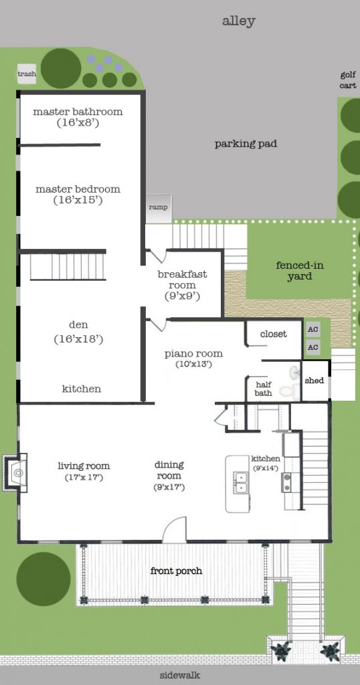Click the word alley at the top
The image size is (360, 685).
tap(238, 21)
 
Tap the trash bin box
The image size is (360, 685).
tap(27, 74)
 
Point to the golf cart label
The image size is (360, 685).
tap(347, 80)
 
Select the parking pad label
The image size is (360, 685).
tap(246, 144)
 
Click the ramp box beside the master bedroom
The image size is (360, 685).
tap(159, 207)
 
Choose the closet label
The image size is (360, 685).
tap(273, 334)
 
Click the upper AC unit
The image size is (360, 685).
tap(312, 330)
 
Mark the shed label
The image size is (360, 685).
tap(314, 381)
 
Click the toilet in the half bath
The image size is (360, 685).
tap(286, 391)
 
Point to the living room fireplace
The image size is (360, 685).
tap(17, 473)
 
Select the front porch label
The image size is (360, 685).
tap(176, 571)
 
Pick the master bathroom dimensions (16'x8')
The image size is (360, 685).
tap(78, 123)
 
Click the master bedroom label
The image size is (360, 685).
tap(78, 189)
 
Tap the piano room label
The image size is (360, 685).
tap(193, 354)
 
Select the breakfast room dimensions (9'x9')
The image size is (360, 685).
tap(182, 295)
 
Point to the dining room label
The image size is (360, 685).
tap(169, 470)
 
